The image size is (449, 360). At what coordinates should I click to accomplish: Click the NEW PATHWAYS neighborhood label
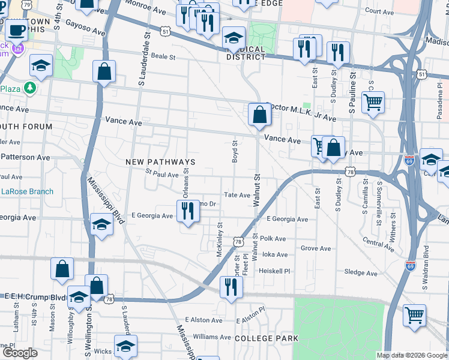click(160, 163)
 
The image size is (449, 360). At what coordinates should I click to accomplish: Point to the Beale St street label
click(163, 57)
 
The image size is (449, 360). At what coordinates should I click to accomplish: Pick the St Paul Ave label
click(162, 175)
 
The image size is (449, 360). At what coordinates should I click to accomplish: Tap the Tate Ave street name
click(237, 195)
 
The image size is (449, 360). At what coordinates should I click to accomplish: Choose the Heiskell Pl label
click(274, 271)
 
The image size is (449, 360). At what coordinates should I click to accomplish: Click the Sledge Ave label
click(361, 272)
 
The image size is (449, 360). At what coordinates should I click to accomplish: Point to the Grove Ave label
click(316, 248)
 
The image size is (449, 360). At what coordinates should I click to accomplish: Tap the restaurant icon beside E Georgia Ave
click(188, 211)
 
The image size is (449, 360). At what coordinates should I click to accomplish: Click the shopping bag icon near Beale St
click(104, 71)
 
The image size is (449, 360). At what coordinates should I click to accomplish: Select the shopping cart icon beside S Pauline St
click(373, 103)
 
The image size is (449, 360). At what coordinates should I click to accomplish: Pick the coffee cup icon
click(17, 28)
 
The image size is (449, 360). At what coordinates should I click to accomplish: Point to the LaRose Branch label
click(27, 192)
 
